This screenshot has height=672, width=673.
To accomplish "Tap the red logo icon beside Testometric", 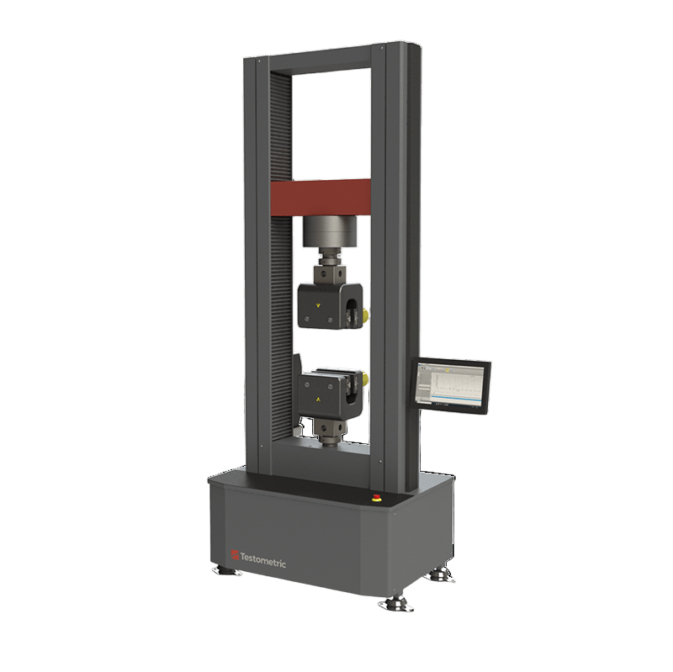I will point(236,554).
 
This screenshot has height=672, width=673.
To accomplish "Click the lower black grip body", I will point(324,390).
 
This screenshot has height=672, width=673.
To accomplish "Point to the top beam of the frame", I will point(328,61).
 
